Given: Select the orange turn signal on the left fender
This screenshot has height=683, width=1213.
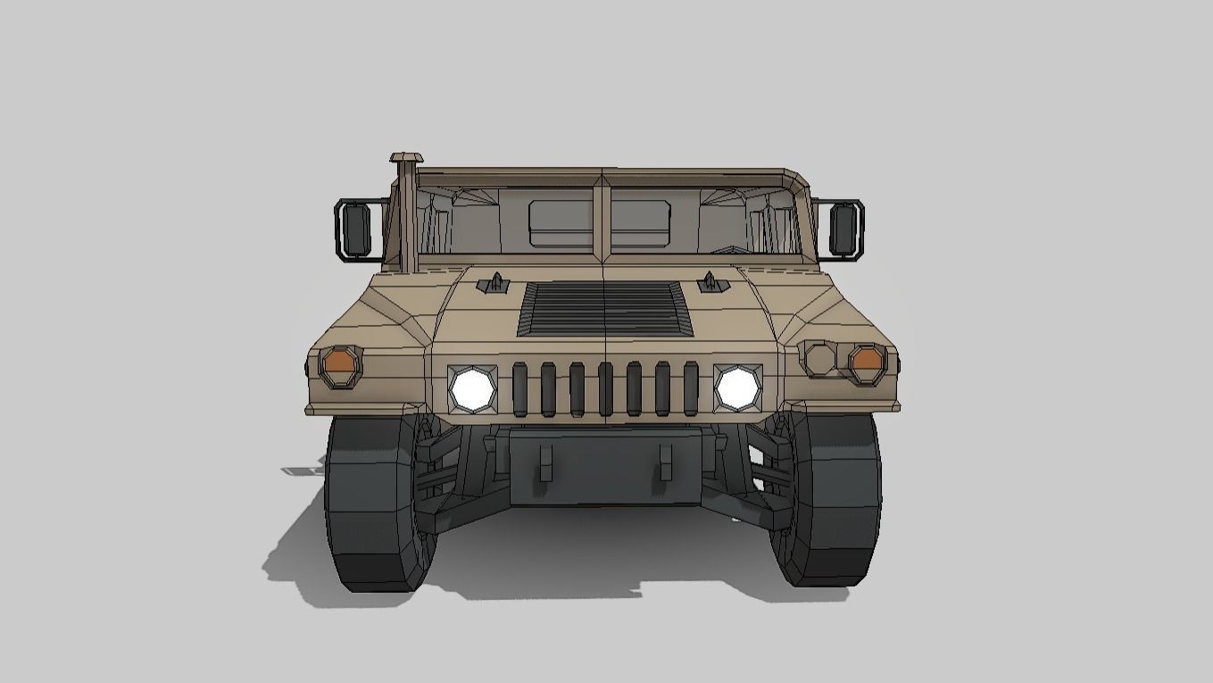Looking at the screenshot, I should [x=340, y=362].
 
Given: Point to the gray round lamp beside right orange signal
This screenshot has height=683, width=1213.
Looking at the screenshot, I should [x=820, y=358].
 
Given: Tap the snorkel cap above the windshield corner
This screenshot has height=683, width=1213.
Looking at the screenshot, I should [x=404, y=160].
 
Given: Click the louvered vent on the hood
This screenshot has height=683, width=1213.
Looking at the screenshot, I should [x=605, y=308].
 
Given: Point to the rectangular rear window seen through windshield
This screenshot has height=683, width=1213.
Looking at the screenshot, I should [x=599, y=223].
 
